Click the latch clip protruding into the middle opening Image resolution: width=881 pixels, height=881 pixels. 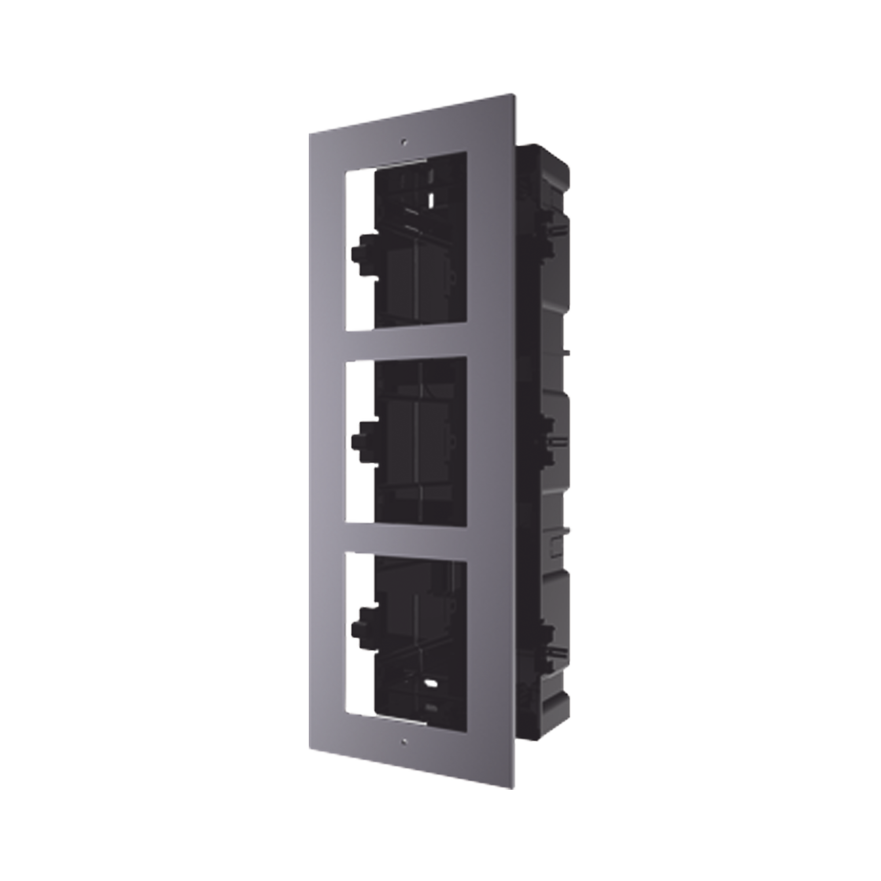(363, 441)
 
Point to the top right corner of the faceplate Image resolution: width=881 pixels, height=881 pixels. (517, 93)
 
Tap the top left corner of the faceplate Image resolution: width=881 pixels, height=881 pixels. (311, 133)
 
